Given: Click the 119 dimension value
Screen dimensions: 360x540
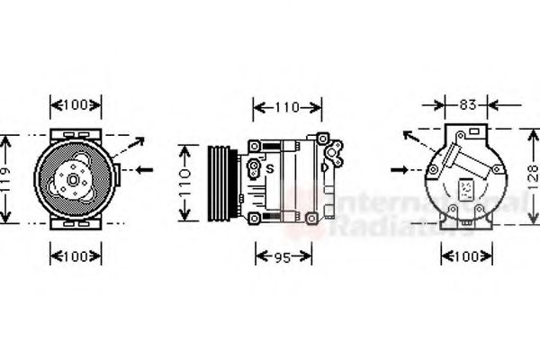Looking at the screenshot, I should (4, 178).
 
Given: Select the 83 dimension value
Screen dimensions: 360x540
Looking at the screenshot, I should (467, 104).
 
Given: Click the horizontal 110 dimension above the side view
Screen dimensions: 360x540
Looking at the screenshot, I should (286, 108).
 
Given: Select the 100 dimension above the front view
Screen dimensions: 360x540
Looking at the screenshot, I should (75, 104).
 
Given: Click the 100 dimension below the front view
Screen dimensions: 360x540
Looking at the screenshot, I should (75, 256).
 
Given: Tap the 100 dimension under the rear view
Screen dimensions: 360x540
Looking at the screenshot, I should (466, 256).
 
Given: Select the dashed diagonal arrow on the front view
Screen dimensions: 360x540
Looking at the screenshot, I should (130, 148).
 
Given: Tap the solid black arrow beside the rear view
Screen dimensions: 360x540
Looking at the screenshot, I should (407, 169).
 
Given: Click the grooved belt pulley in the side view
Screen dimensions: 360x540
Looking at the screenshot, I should (221, 181).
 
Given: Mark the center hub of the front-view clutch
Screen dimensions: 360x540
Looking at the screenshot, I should (73, 180).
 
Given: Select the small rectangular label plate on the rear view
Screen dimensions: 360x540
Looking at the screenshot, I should (466, 190).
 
